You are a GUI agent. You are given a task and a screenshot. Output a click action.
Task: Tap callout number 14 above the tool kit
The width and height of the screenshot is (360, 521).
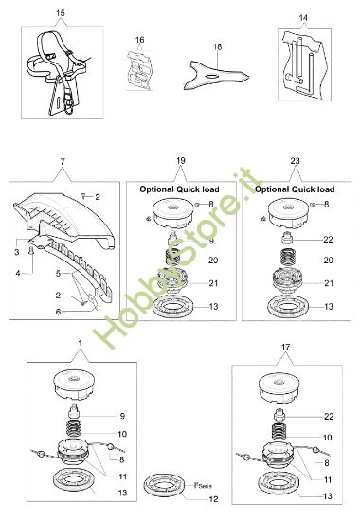pos(303,17)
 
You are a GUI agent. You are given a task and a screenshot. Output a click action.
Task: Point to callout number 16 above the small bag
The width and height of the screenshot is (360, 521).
pos(139,40)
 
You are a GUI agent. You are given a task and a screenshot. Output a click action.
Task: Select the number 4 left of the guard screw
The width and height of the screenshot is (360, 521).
pos(16,273)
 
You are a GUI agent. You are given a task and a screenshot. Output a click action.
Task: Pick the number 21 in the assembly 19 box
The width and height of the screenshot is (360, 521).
pos(212,282)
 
